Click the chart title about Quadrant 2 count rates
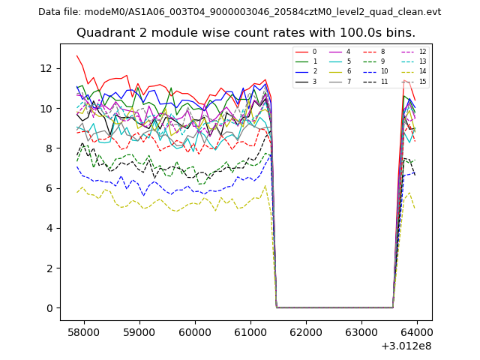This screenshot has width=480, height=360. point(256,33)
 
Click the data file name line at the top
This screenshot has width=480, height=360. point(239,12)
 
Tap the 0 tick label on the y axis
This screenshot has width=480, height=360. point(49,308)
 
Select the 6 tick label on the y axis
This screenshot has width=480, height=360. point(49,188)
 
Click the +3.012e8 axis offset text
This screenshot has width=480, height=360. point(406,346)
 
